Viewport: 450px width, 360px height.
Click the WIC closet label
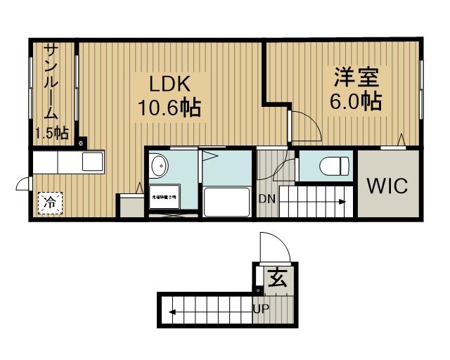pos(387,186)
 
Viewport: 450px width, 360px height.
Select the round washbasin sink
pos(160,166)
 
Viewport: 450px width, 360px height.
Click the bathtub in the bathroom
pos(226,202)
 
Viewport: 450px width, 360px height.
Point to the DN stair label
pos(266,199)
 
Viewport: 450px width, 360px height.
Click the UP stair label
pos(261,308)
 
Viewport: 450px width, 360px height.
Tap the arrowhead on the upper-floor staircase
pos(343,202)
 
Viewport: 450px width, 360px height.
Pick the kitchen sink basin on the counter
pos(92,162)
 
